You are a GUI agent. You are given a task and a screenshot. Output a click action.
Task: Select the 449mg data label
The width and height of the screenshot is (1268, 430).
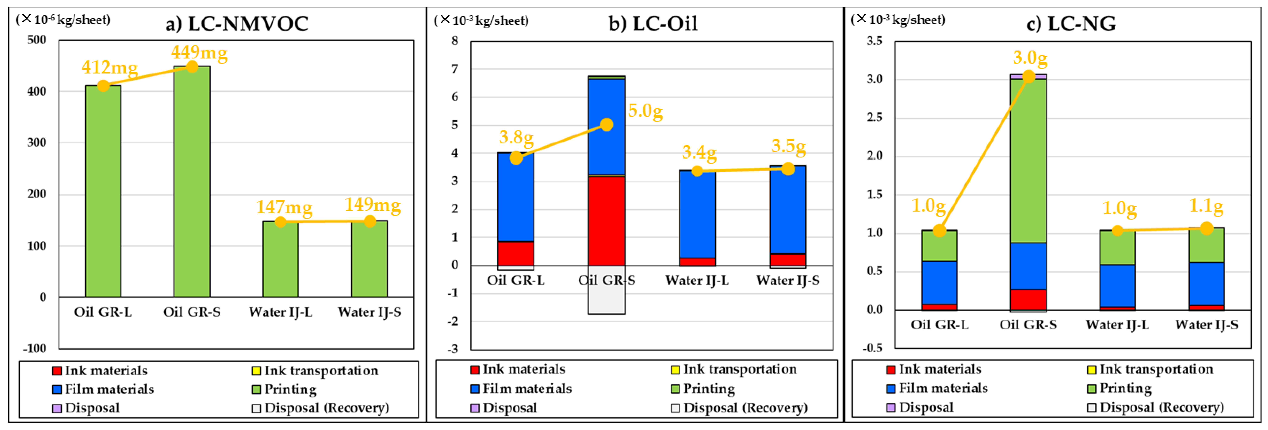pyautogui.click(x=199, y=52)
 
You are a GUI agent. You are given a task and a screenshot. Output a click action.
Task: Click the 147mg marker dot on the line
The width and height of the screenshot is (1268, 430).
pyautogui.click(x=281, y=222)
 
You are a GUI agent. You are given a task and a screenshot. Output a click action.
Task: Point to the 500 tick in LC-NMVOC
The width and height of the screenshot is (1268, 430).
pyautogui.click(x=37, y=40)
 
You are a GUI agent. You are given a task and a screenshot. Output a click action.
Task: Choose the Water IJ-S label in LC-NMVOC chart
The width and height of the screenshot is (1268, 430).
pyautogui.click(x=369, y=312)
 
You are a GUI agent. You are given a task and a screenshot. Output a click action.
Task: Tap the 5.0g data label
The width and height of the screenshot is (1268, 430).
pyautogui.click(x=645, y=111)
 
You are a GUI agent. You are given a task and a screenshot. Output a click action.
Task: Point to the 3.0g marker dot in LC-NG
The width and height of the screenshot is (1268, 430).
pyautogui.click(x=1028, y=77)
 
